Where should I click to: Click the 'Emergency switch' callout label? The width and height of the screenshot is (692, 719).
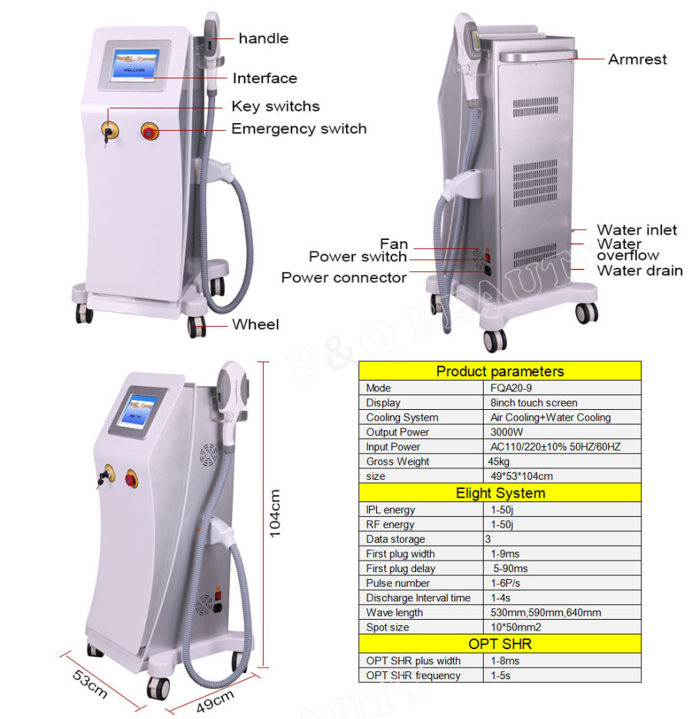[x=299, y=129]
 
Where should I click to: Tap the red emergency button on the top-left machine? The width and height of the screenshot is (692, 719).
[x=149, y=131]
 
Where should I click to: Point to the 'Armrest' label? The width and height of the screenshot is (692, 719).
[x=637, y=59]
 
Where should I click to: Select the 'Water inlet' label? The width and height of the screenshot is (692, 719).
[x=637, y=230]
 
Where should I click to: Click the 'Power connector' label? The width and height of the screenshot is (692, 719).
[x=344, y=278]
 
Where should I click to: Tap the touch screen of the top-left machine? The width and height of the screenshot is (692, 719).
[x=135, y=65]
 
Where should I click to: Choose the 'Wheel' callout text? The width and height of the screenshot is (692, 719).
[x=255, y=325]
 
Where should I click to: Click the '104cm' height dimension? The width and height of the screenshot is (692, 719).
[x=274, y=514]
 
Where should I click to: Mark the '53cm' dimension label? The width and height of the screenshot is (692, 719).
[x=90, y=684]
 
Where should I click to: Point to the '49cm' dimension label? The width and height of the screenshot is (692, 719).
[x=215, y=701]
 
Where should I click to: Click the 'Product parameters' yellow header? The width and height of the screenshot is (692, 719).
[x=500, y=371]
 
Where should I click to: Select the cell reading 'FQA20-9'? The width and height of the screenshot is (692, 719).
[x=511, y=388]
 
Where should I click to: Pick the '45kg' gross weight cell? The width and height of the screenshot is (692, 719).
[x=499, y=461]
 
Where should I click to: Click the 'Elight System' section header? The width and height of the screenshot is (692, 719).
[x=500, y=493]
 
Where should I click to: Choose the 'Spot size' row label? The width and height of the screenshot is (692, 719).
[x=388, y=627]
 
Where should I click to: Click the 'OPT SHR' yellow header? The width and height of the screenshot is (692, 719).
[x=500, y=644]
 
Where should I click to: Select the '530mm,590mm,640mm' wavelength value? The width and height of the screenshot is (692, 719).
[x=546, y=613]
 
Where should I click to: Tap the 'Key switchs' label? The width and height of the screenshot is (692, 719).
[x=275, y=106]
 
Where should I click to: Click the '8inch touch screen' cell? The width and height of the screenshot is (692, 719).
[x=534, y=403]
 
